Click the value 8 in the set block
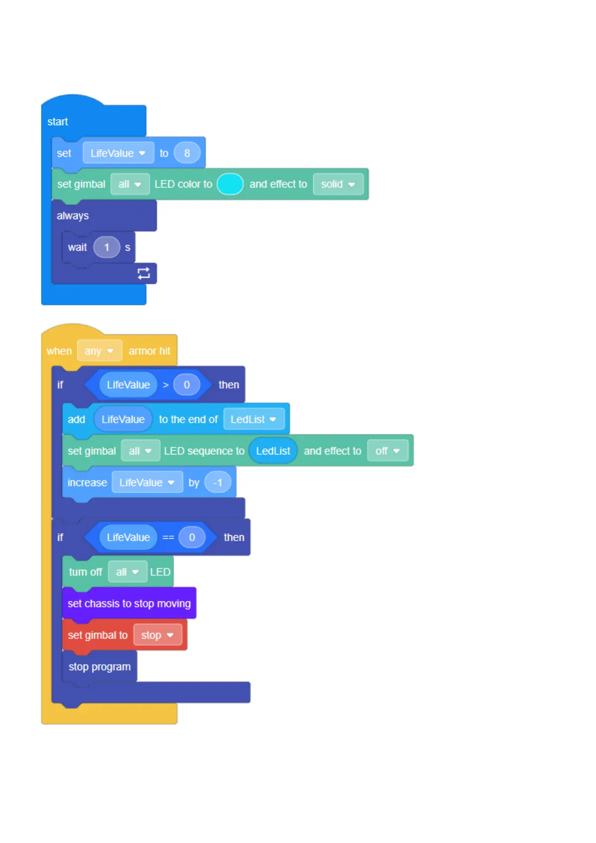pyautogui.click(x=187, y=153)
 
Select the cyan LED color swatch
pyautogui.click(x=230, y=184)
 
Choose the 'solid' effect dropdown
pyautogui.click(x=338, y=184)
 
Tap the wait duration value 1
pyautogui.click(x=107, y=247)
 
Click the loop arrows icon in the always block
pyautogui.click(x=144, y=273)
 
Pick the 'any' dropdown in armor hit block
pyautogui.click(x=99, y=351)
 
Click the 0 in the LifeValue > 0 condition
pyautogui.click(x=187, y=385)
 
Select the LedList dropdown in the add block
pyautogui.click(x=253, y=419)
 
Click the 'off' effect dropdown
pyautogui.click(x=387, y=451)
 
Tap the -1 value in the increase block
pyautogui.click(x=218, y=483)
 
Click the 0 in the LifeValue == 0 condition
pyautogui.click(x=192, y=537)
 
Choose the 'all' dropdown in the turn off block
pyautogui.click(x=127, y=572)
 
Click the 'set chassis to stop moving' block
pyautogui.click(x=129, y=604)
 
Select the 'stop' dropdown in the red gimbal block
pyautogui.click(x=157, y=635)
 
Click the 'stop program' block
pyautogui.click(x=100, y=667)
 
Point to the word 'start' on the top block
pyautogui.click(x=58, y=122)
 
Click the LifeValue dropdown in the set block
pyautogui.click(x=118, y=153)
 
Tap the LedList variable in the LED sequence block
pyautogui.click(x=273, y=451)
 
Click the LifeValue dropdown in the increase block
pyautogui.click(x=147, y=483)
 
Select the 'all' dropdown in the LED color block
pyautogui.click(x=130, y=184)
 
